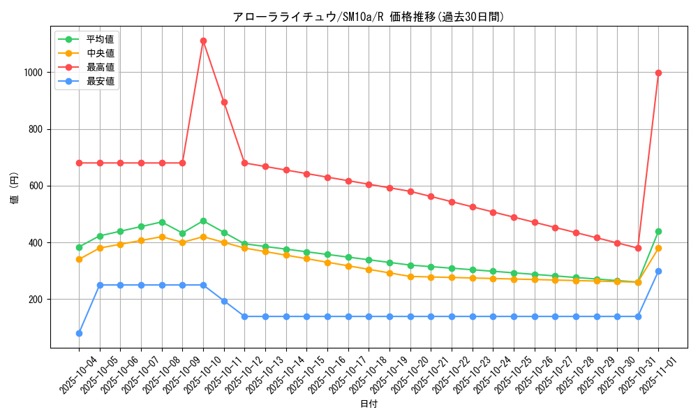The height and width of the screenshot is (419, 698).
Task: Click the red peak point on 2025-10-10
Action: click(x=203, y=41)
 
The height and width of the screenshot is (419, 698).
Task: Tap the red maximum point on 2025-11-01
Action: click(x=658, y=73)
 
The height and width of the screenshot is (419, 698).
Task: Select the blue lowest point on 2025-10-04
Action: click(x=79, y=333)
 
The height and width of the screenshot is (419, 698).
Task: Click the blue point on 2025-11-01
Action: click(x=658, y=271)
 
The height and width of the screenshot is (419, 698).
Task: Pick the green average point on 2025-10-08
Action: click(x=162, y=222)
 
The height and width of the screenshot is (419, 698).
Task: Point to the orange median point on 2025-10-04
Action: click(x=79, y=259)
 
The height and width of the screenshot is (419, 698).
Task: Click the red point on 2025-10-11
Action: click(x=224, y=102)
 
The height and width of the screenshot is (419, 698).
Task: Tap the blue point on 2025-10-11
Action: click(x=224, y=301)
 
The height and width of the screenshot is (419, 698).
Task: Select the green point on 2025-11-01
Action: click(x=658, y=231)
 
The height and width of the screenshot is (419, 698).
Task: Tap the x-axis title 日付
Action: click(x=369, y=404)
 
